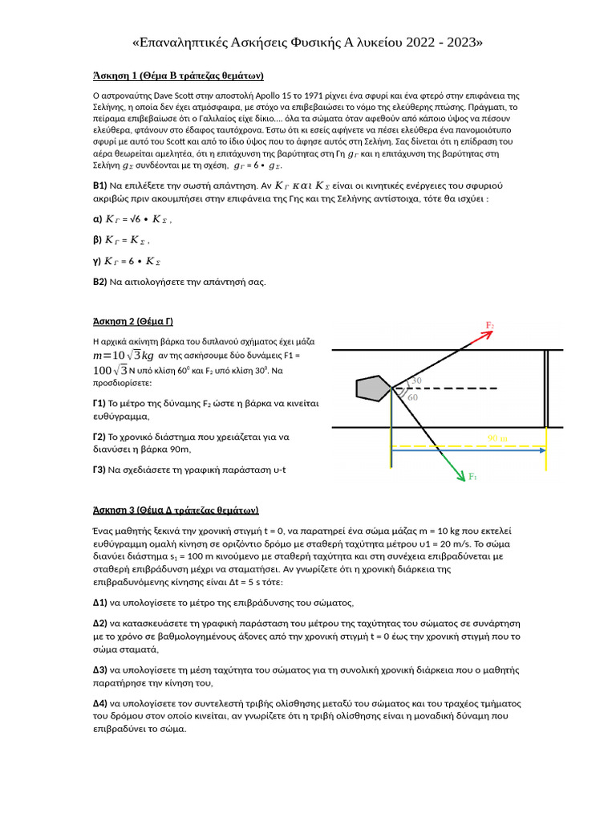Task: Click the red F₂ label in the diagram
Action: point(490,325)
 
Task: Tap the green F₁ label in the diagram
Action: point(473,478)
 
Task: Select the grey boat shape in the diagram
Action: point(373,387)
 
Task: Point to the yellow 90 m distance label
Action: point(497,438)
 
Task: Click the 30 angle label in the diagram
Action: point(415,380)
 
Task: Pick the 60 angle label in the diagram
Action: point(412,397)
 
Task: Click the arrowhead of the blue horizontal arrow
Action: point(542,450)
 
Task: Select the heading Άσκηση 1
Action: point(179,76)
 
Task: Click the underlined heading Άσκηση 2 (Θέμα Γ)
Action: point(133,322)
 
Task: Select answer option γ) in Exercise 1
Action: point(99,261)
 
